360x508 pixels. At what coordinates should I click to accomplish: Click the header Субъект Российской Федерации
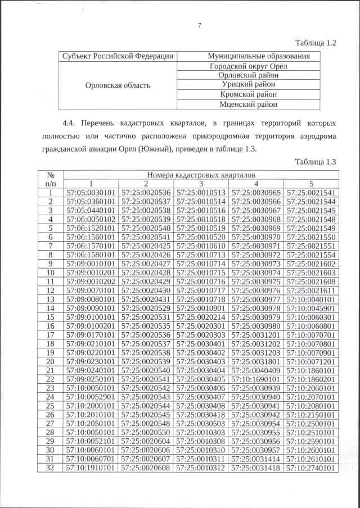[118, 56]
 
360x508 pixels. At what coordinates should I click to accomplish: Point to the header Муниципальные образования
[248, 56]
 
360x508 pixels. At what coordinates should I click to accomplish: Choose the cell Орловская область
[118, 85]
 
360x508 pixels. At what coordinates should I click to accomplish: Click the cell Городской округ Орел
[248, 66]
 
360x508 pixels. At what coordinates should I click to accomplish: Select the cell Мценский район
[248, 105]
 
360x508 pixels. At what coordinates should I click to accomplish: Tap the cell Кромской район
[248, 95]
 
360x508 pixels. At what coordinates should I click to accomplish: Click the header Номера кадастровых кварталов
[201, 175]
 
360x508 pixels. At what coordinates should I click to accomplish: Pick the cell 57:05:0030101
[91, 193]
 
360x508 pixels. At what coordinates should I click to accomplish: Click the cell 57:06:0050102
[91, 219]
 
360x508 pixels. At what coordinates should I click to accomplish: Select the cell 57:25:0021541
[311, 193]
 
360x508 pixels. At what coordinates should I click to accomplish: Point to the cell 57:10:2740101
[311, 468]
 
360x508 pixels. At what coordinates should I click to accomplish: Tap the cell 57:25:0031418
[256, 468]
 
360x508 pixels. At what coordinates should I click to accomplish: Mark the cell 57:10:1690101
[256, 379]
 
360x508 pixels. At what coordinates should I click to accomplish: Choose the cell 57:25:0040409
[256, 370]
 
